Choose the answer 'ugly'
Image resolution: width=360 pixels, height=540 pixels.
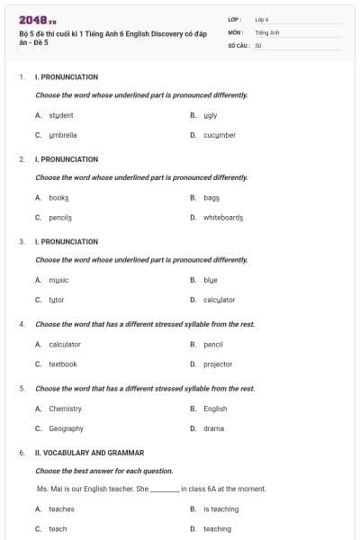[x=211, y=115]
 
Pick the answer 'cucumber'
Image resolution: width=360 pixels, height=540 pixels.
[x=220, y=135]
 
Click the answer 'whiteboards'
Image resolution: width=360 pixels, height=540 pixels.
[x=223, y=217]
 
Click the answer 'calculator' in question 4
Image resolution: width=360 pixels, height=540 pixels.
[x=65, y=344]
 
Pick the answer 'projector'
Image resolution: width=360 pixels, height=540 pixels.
[x=218, y=364]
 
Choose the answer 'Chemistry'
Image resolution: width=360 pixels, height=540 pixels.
[x=65, y=409]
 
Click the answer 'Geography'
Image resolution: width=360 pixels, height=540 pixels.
[x=66, y=428]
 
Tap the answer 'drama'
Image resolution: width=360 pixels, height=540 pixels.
[x=214, y=428]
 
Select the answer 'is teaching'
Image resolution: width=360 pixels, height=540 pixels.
[x=220, y=508]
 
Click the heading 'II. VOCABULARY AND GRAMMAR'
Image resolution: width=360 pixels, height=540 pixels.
[x=89, y=453]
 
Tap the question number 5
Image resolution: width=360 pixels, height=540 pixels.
[x=22, y=389]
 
